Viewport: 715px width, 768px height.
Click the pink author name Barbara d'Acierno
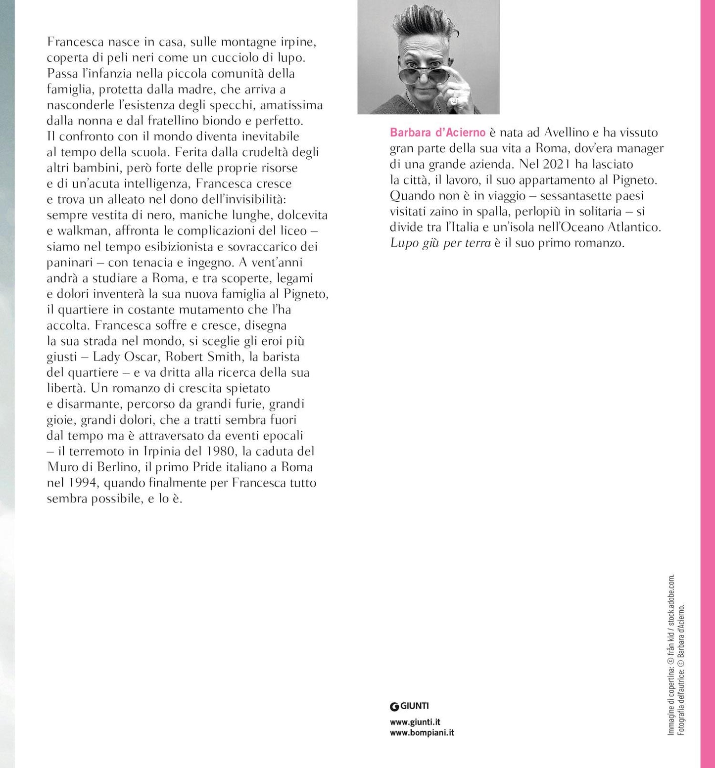pos(437,133)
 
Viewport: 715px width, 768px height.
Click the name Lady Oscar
pos(122,357)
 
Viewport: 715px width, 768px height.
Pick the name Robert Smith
pos(203,357)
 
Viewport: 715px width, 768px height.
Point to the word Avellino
pos(569,133)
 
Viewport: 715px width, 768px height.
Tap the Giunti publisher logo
pos(409,706)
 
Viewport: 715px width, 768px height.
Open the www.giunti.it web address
pos(415,722)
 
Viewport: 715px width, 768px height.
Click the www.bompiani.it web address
pos(422,733)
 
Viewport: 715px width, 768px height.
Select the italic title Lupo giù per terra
pos(440,243)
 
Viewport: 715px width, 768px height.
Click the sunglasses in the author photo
pos(429,76)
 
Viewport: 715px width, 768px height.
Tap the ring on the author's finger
pos(453,101)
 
